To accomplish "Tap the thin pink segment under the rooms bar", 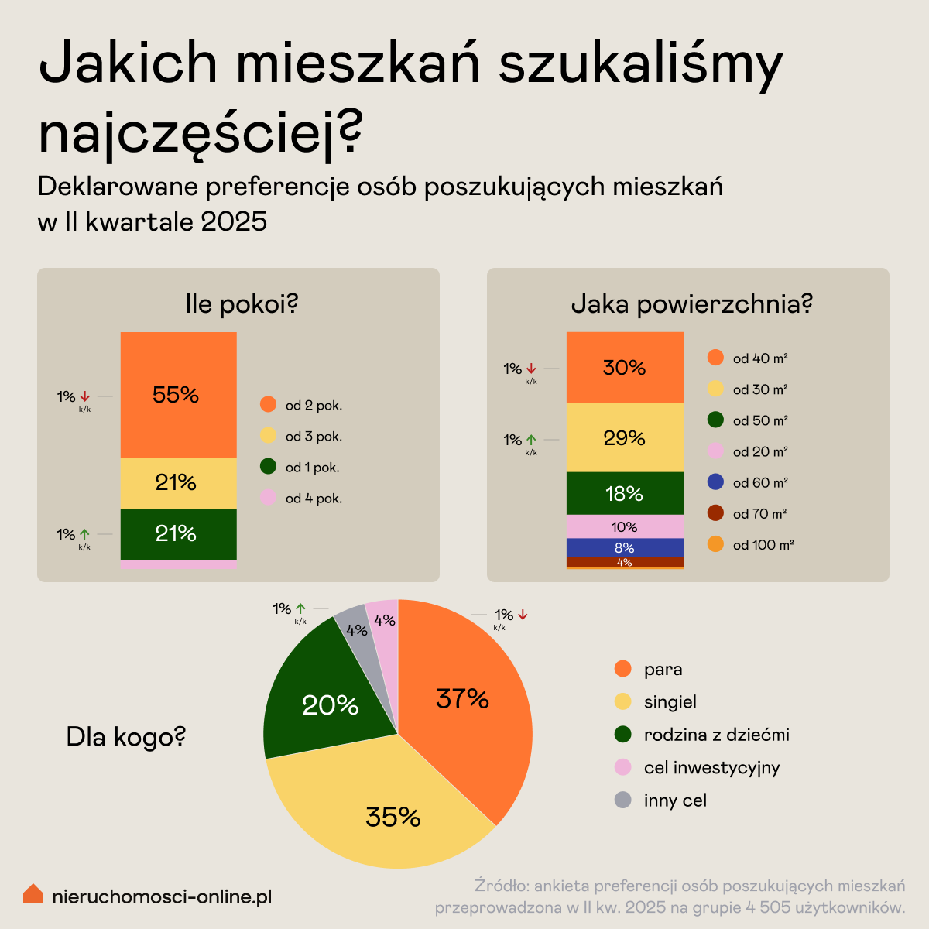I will (178, 564).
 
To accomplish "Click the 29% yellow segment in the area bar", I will (625, 437).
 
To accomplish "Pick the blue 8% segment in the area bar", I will (625, 547).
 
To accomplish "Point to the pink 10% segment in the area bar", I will (625, 526).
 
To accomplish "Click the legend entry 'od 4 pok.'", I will (313, 499).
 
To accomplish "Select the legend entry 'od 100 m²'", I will (763, 545).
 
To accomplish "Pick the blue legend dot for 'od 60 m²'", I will (715, 482).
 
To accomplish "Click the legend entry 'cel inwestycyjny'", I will (711, 767).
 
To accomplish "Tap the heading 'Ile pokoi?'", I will (242, 304).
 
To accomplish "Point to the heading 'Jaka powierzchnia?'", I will (691, 304).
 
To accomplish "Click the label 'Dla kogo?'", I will (125, 737).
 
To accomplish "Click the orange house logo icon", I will (33, 894).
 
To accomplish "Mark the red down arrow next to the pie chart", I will (523, 615).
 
